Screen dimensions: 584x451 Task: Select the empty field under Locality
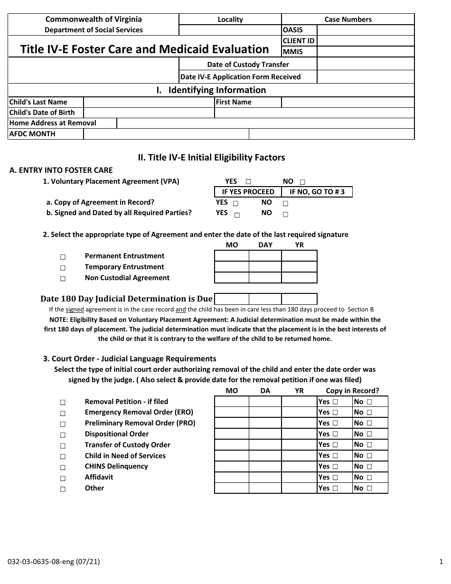point(230,30)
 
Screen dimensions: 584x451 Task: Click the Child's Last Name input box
point(149,102)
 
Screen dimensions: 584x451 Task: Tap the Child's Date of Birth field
point(149,113)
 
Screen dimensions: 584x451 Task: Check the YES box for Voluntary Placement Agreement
point(248,182)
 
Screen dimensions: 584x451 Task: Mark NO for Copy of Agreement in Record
point(285,203)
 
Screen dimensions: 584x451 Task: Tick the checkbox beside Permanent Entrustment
point(63,257)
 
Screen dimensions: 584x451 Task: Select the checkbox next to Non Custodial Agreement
point(63,279)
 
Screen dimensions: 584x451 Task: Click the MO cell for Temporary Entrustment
point(232,267)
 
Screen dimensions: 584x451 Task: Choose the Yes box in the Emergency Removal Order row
point(335,413)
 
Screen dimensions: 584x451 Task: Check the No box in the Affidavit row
point(369,478)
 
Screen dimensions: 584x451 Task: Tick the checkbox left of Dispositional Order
point(63,434)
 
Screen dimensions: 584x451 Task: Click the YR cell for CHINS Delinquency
point(299,466)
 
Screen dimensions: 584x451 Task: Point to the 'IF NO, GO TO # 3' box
point(317,192)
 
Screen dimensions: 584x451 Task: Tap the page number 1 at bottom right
point(441,561)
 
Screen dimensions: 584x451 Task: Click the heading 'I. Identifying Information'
point(211,90)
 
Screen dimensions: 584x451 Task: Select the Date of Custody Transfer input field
point(365,64)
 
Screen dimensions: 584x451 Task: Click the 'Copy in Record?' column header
point(352,391)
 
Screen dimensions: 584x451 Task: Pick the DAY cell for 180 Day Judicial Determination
point(265,299)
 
